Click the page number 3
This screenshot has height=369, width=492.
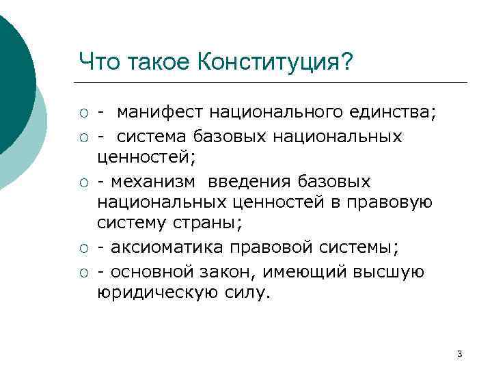[459, 353]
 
